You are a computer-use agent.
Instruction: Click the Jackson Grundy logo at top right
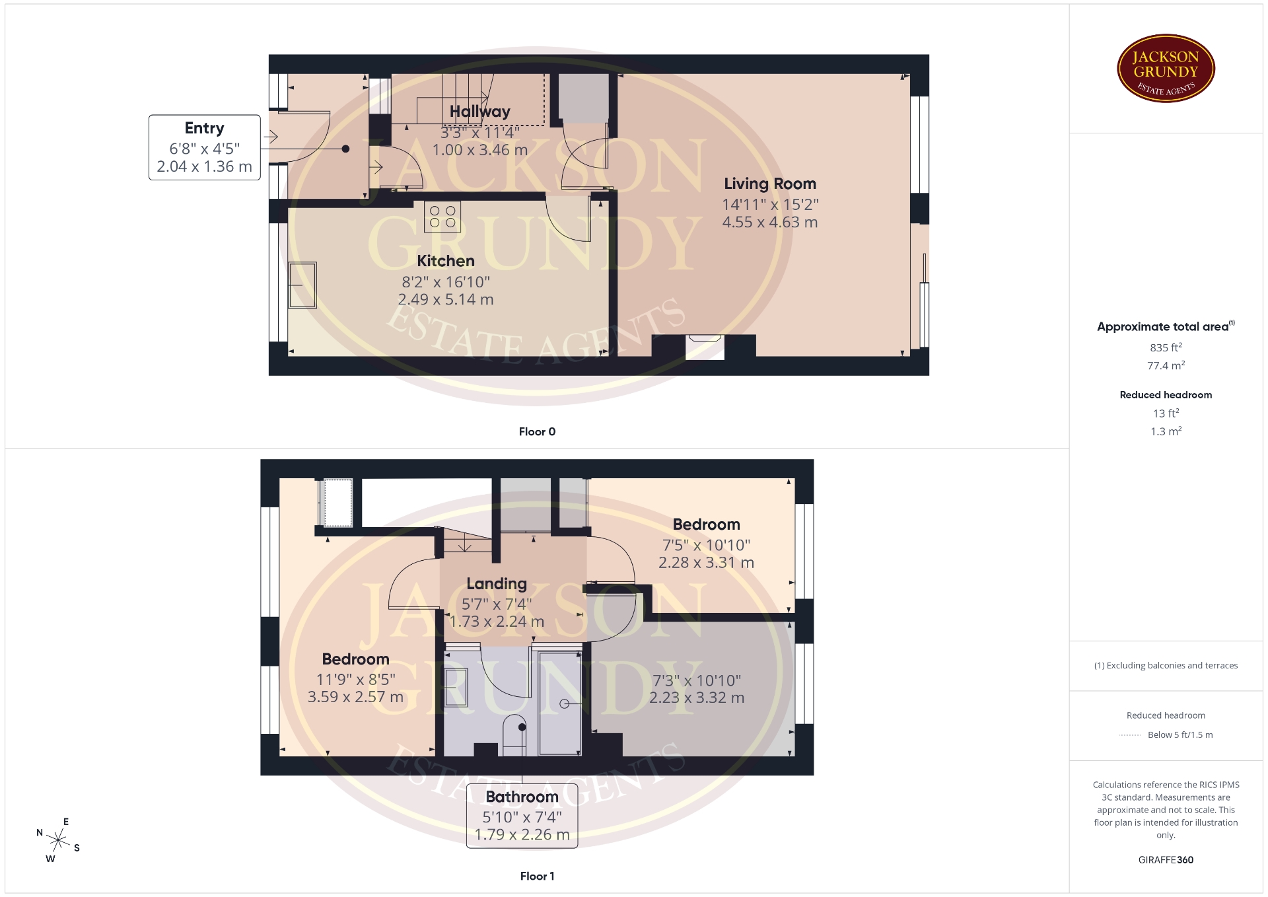click(x=1166, y=69)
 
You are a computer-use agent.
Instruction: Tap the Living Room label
click(x=770, y=184)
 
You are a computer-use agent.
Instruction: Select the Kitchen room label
click(x=446, y=261)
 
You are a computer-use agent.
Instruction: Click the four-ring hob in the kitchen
click(x=442, y=217)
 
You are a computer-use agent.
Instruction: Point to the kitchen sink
click(x=302, y=285)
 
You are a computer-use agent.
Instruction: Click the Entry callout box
click(x=205, y=147)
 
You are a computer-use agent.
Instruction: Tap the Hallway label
click(x=480, y=112)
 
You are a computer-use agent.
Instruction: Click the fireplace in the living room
click(x=705, y=347)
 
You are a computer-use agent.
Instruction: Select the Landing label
click(x=497, y=584)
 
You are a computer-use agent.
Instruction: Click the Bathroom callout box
click(x=522, y=815)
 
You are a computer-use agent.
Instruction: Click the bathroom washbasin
click(x=456, y=687)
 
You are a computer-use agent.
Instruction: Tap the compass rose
click(x=59, y=840)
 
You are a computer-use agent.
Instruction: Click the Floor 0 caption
click(x=537, y=432)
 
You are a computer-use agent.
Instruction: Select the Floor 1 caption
click(x=537, y=877)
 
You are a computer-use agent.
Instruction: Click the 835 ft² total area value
click(x=1166, y=347)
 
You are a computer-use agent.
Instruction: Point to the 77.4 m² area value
click(x=1166, y=365)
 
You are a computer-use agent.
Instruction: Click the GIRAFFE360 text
click(x=1166, y=860)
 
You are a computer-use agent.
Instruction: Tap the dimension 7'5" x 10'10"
click(x=706, y=545)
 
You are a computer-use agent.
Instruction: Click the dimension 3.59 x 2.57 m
click(x=355, y=697)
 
